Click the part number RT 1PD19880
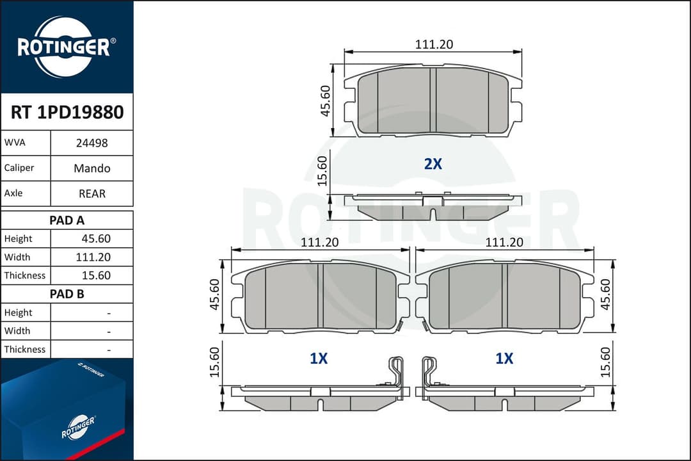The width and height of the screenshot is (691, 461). pyautogui.click(x=67, y=112)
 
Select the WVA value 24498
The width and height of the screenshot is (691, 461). pyautogui.click(x=91, y=143)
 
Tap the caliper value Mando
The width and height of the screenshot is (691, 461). pyautogui.click(x=91, y=168)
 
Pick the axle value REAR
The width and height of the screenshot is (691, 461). pyautogui.click(x=91, y=193)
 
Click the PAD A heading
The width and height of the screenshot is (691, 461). pyautogui.click(x=67, y=220)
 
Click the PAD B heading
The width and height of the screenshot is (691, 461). pyautogui.click(x=67, y=294)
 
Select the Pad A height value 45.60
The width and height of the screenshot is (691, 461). pyautogui.click(x=96, y=239)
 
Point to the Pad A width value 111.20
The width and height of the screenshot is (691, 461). pyautogui.click(x=93, y=257)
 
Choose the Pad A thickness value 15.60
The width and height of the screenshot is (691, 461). pyautogui.click(x=96, y=275)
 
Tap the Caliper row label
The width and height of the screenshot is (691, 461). pyautogui.click(x=19, y=168)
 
